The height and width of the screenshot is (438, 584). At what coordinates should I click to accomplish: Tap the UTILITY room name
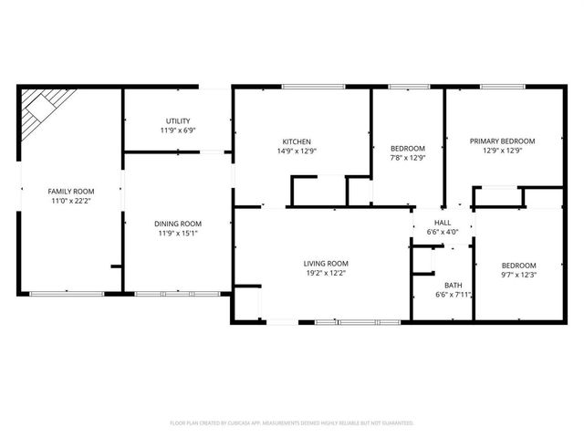click(x=178, y=120)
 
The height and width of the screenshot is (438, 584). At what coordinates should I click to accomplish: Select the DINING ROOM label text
click(x=178, y=224)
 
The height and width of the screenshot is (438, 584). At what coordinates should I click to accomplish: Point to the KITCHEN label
click(x=297, y=141)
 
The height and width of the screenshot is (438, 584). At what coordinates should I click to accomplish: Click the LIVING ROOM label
click(x=326, y=263)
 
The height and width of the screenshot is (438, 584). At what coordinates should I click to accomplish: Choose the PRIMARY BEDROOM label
click(x=502, y=141)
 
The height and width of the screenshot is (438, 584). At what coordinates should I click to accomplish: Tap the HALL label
click(x=443, y=222)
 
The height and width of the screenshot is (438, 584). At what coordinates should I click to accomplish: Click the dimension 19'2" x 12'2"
click(x=326, y=273)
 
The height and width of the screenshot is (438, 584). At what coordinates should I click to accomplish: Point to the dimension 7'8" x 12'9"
click(x=408, y=158)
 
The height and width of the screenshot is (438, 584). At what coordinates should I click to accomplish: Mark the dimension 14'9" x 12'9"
click(x=297, y=151)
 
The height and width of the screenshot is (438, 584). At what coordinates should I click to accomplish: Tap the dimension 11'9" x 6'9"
click(x=178, y=130)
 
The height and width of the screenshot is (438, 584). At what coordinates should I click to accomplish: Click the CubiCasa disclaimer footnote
click(x=292, y=422)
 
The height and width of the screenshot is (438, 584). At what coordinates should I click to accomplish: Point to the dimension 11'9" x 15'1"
click(x=178, y=234)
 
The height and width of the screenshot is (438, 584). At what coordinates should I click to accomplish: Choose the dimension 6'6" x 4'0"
click(x=443, y=232)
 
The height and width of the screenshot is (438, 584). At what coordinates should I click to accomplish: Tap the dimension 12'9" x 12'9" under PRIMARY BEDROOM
click(x=502, y=151)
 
